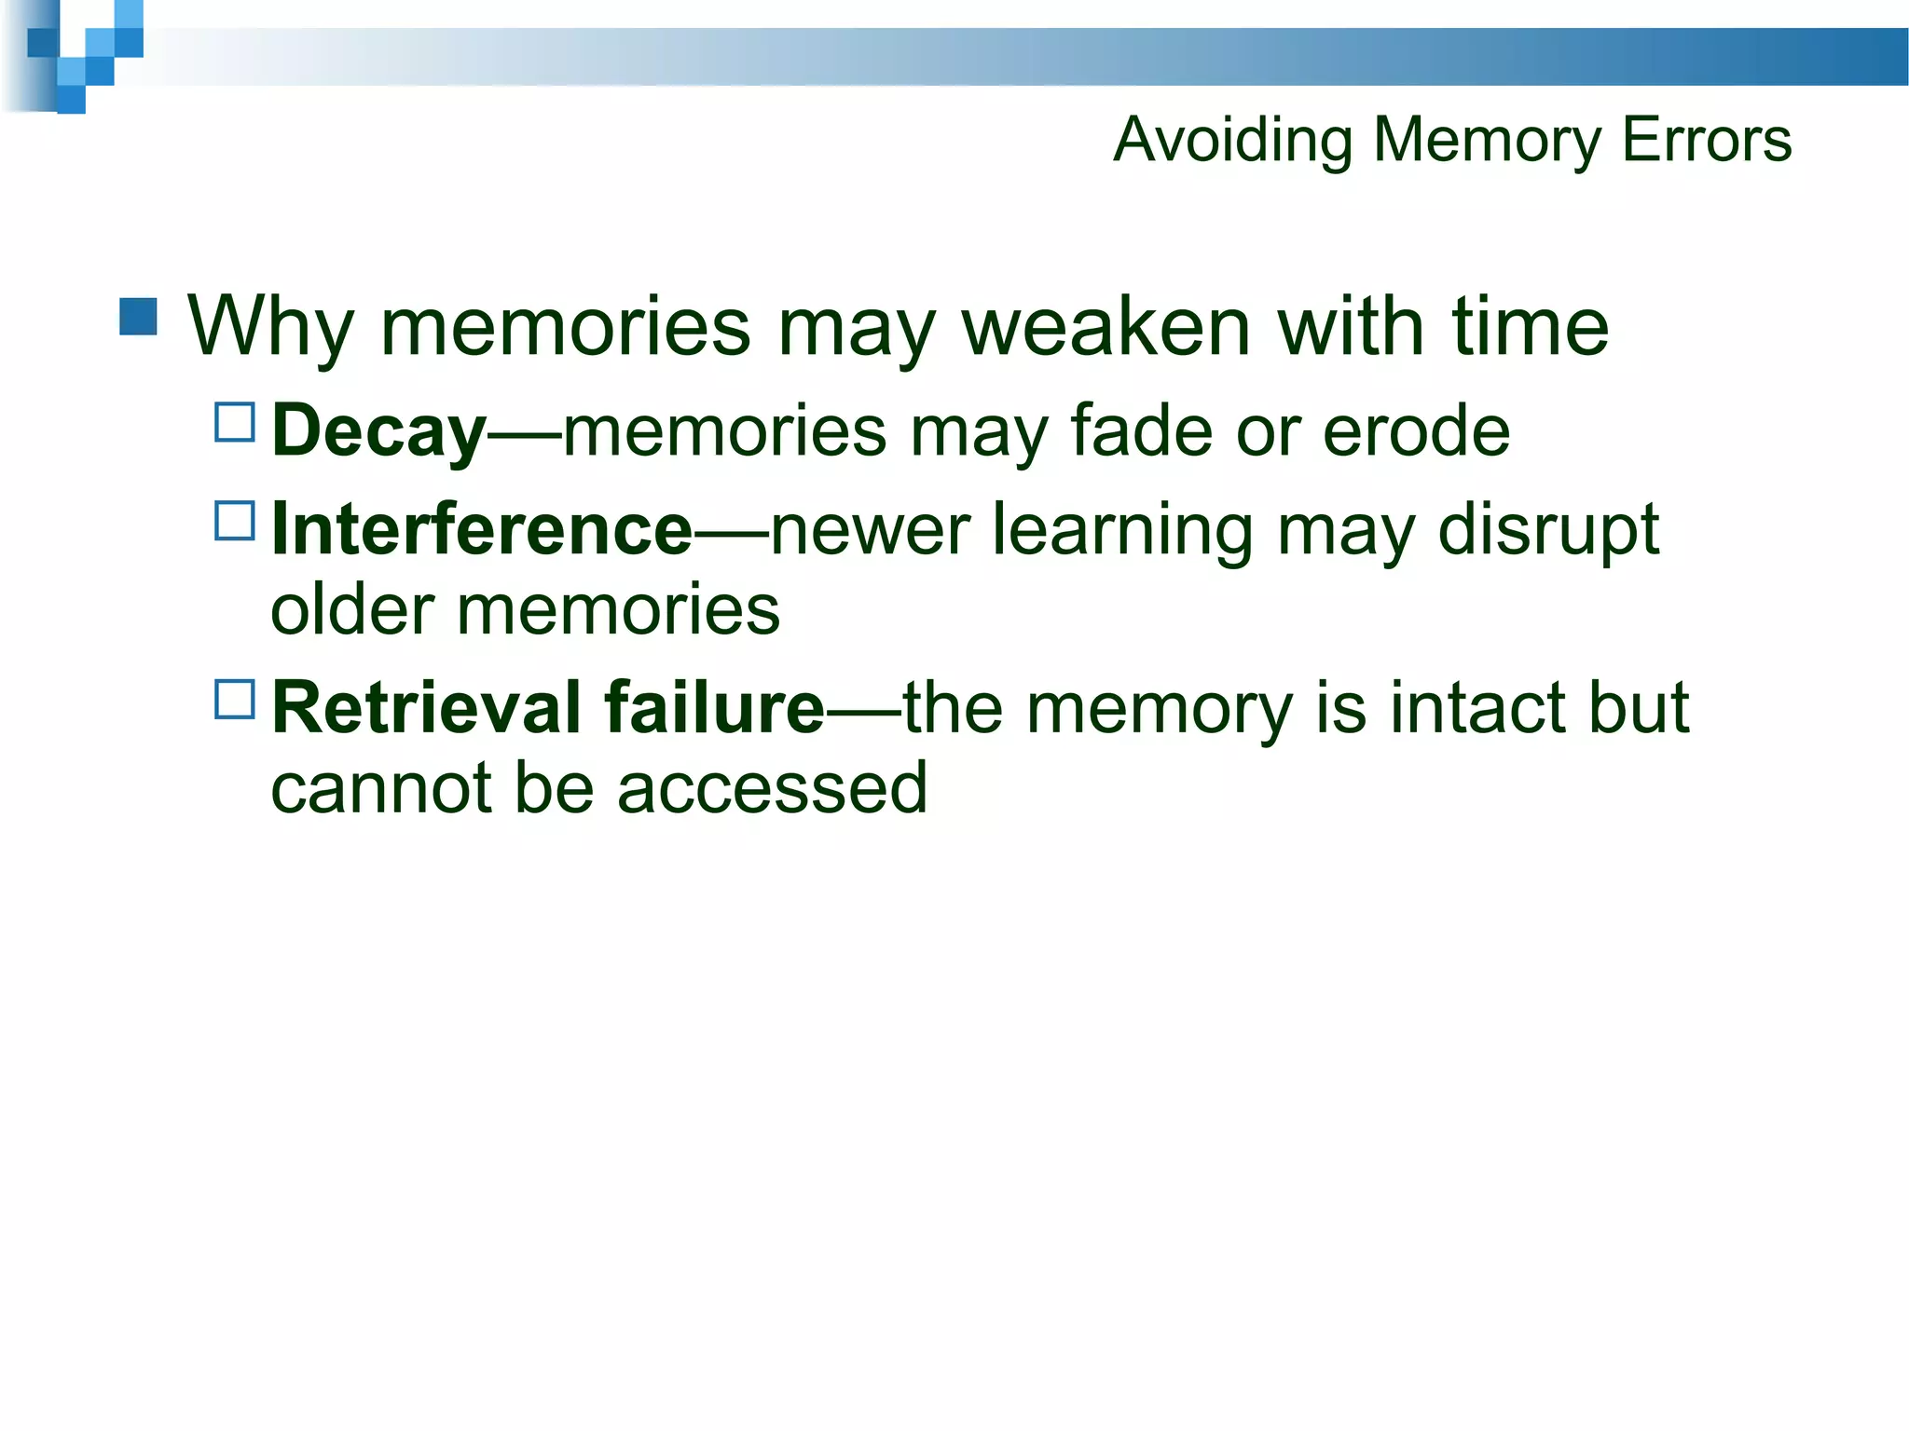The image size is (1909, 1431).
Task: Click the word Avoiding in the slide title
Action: tap(1232, 141)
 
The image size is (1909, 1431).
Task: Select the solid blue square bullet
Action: tap(139, 317)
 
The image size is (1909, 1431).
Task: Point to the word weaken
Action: tap(1106, 327)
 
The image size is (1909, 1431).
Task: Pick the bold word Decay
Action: tap(378, 432)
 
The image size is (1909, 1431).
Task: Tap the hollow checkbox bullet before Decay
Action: tap(235, 422)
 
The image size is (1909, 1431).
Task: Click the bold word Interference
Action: tap(481, 529)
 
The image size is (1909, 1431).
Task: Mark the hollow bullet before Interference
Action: tap(235, 521)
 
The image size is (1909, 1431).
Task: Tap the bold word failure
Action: tap(714, 707)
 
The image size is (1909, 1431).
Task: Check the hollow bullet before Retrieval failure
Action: tap(235, 699)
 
